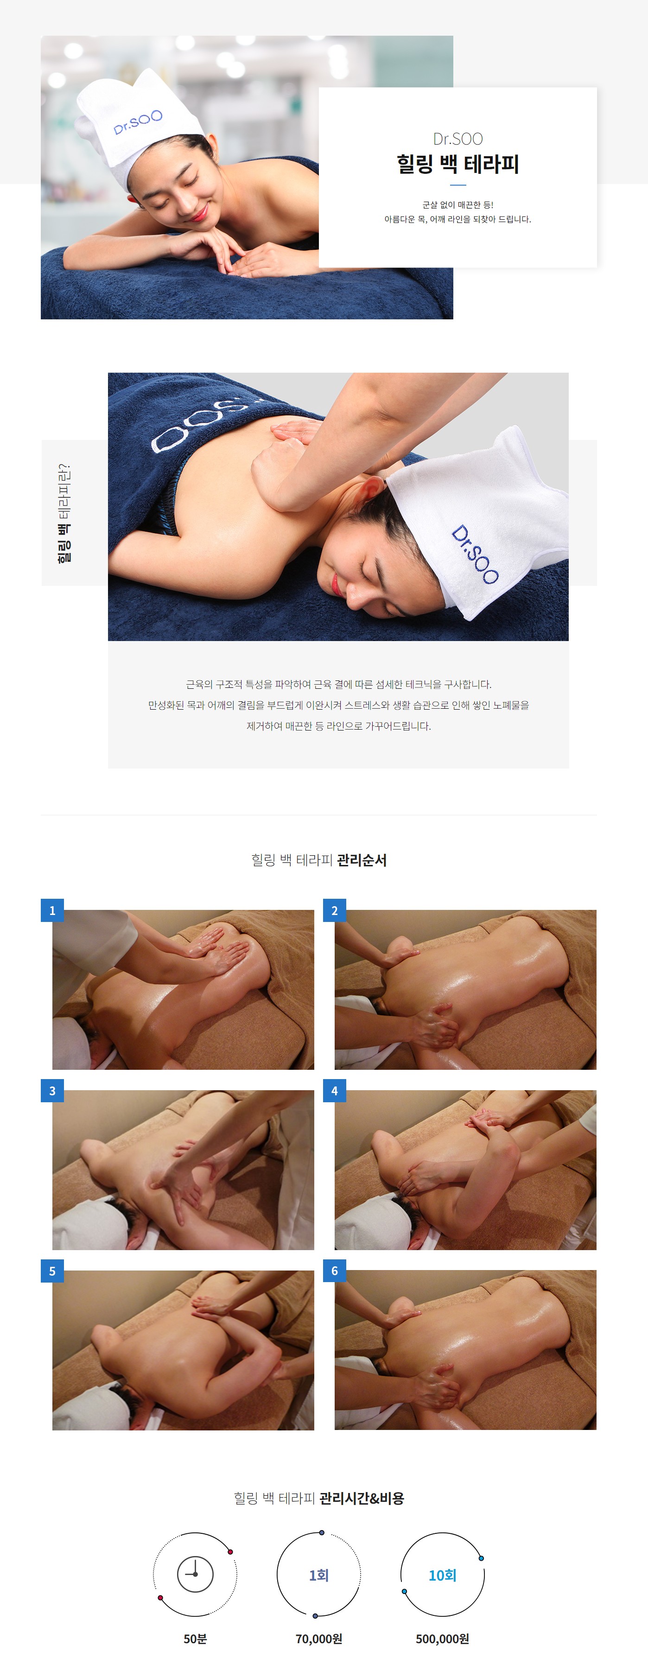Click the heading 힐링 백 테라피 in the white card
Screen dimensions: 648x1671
pyautogui.click(x=457, y=164)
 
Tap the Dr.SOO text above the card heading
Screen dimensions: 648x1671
pyautogui.click(x=457, y=139)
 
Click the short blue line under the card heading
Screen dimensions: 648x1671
pyautogui.click(x=457, y=185)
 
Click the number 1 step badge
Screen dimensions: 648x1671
pyautogui.click(x=52, y=910)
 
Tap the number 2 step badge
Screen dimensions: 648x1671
pyautogui.click(x=334, y=910)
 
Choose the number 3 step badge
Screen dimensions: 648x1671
pyautogui.click(x=52, y=1090)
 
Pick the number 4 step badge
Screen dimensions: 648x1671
pyautogui.click(x=334, y=1090)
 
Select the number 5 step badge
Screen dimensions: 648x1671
pyautogui.click(x=52, y=1271)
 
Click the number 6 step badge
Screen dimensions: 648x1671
pyautogui.click(x=334, y=1271)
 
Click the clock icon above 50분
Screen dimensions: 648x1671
pyautogui.click(x=195, y=1573)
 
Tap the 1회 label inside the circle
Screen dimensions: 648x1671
pyautogui.click(x=318, y=1575)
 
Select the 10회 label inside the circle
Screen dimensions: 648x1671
pyautogui.click(x=442, y=1575)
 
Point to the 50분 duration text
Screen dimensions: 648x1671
pyautogui.click(x=195, y=1639)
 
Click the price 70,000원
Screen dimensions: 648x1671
pyautogui.click(x=318, y=1639)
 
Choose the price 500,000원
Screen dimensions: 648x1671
pyautogui.click(x=442, y=1639)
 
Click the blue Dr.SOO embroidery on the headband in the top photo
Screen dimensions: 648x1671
pyautogui.click(x=138, y=122)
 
